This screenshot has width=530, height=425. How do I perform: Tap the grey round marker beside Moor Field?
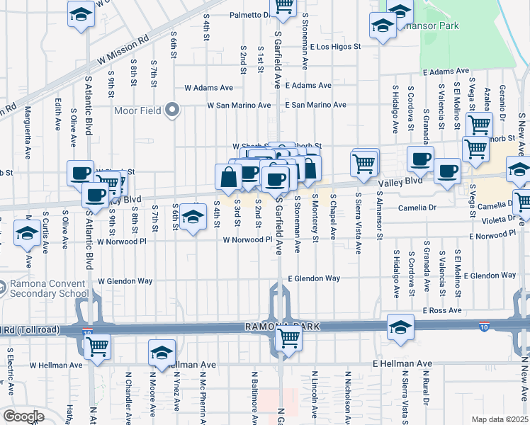pyautogui.click(x=171, y=110)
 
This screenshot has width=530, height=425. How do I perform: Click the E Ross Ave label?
pyautogui.click(x=441, y=310)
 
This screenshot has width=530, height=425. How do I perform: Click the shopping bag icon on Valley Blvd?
pyautogui.click(x=229, y=178)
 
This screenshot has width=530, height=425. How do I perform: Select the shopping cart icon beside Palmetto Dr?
pyautogui.click(x=283, y=6)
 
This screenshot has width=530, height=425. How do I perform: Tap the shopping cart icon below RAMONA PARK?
pyautogui.click(x=288, y=337)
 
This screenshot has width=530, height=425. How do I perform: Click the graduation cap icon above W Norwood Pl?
pyautogui.click(x=192, y=216)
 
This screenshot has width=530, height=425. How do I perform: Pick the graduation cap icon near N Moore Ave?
pyautogui.click(x=162, y=352)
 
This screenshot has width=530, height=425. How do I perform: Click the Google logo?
pyautogui.click(x=23, y=416)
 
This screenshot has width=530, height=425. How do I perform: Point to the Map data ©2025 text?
pyautogui.click(x=500, y=419)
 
